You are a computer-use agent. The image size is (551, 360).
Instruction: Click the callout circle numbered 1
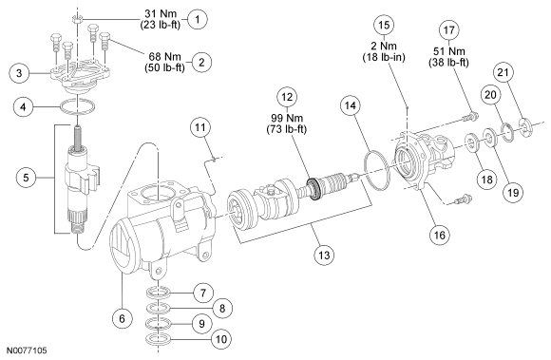click(x=198, y=19)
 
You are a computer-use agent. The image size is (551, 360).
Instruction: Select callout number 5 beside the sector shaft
click(x=27, y=178)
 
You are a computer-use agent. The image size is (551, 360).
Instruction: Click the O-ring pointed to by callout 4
click(x=77, y=106)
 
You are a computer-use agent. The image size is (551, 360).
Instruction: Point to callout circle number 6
click(x=123, y=319)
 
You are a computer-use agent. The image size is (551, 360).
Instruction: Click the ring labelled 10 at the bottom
click(x=158, y=340)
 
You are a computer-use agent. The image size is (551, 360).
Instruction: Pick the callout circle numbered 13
click(x=324, y=255)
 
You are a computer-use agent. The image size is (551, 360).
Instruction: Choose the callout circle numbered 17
click(x=449, y=30)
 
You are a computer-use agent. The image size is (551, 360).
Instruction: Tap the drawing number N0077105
click(x=27, y=351)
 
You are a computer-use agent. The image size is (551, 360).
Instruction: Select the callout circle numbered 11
click(x=200, y=127)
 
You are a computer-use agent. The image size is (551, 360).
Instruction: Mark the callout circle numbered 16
click(x=440, y=235)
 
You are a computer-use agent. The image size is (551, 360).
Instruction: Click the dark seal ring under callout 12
click(x=313, y=189)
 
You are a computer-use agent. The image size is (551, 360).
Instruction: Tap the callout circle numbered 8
click(x=222, y=309)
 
